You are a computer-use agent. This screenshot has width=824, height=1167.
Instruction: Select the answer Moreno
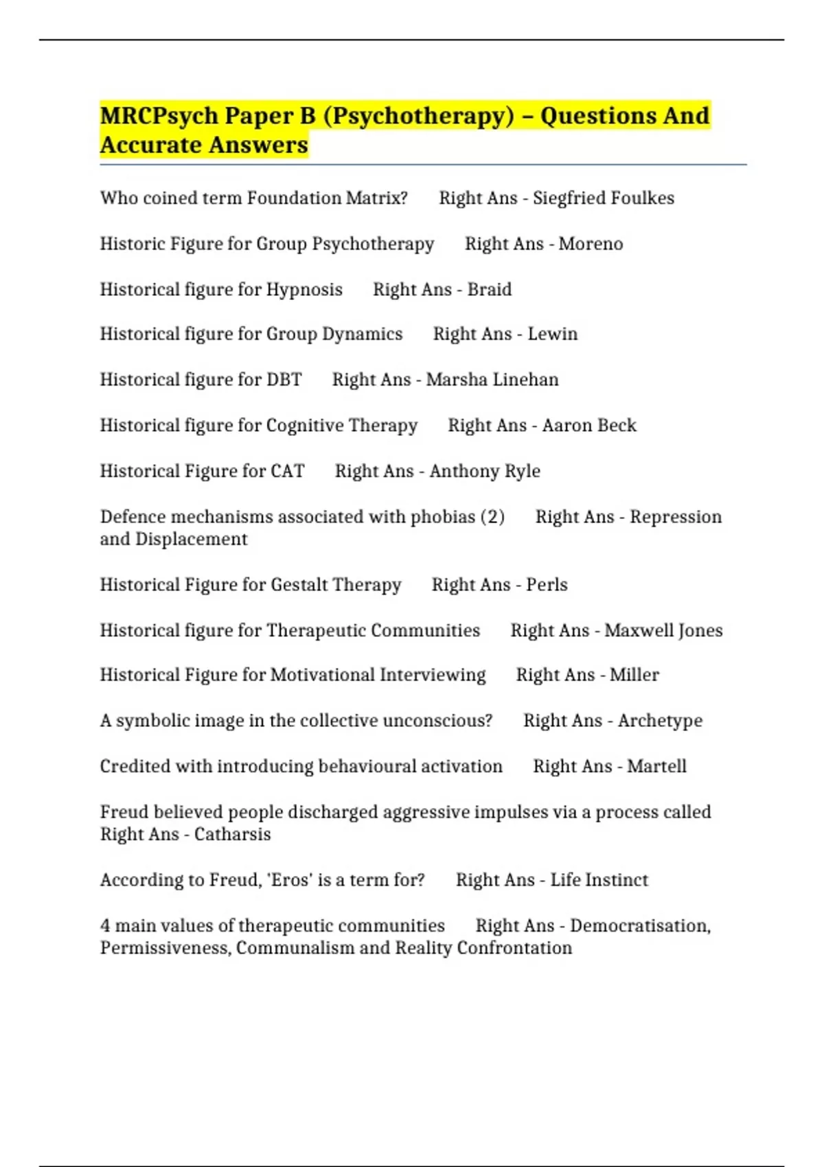coord(591,244)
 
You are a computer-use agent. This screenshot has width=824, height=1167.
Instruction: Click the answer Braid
coord(489,290)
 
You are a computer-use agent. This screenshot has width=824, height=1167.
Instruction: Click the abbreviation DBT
coord(284,380)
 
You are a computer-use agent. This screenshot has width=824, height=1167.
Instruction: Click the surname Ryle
coord(523,472)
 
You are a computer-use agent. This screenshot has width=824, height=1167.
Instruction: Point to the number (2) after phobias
coord(492,517)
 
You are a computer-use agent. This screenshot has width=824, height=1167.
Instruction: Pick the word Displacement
coord(191,540)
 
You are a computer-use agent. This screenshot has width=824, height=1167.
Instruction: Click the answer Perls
coord(547,585)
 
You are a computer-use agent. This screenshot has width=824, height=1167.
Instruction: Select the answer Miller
coord(634,675)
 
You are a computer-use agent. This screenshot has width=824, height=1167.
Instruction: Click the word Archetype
coord(660,721)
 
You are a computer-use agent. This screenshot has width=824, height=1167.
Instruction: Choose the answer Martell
coord(656,767)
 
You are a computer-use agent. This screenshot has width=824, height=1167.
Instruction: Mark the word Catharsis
coord(232,835)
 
